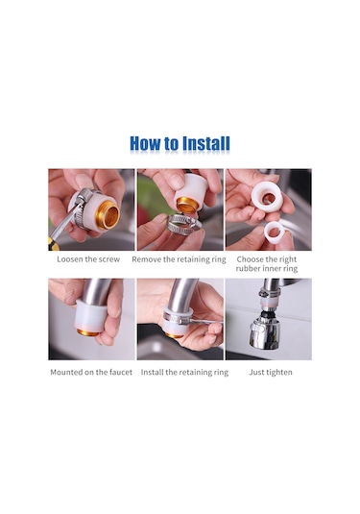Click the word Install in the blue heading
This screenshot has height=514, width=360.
[x=206, y=143]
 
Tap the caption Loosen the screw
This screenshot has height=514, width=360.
[x=88, y=259]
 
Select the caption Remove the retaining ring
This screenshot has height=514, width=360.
[x=179, y=259]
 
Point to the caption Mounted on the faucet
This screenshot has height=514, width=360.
[x=91, y=373]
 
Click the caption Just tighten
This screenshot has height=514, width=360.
[x=271, y=373]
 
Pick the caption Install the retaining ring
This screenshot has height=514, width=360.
[x=184, y=373]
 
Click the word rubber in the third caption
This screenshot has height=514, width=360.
[x=248, y=268]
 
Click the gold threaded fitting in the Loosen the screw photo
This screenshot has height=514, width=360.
[x=109, y=215]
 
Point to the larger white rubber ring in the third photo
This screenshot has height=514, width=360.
[x=267, y=198]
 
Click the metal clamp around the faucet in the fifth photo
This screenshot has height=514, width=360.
[x=178, y=318]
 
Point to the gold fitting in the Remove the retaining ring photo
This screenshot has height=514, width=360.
[x=187, y=205]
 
